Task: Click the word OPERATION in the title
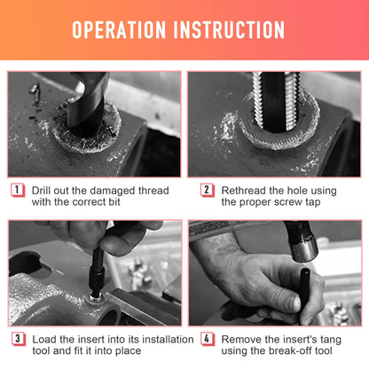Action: click(x=119, y=29)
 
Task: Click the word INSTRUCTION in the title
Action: click(x=229, y=29)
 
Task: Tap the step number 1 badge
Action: click(x=17, y=190)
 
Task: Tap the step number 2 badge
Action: click(x=207, y=190)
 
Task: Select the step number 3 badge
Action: click(x=18, y=339)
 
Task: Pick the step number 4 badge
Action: click(x=207, y=339)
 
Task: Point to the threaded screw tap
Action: click(x=276, y=100)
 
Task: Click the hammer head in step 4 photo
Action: click(x=302, y=242)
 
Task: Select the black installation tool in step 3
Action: click(x=98, y=272)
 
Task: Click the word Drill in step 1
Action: click(x=41, y=191)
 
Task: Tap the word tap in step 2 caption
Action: click(x=313, y=203)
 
